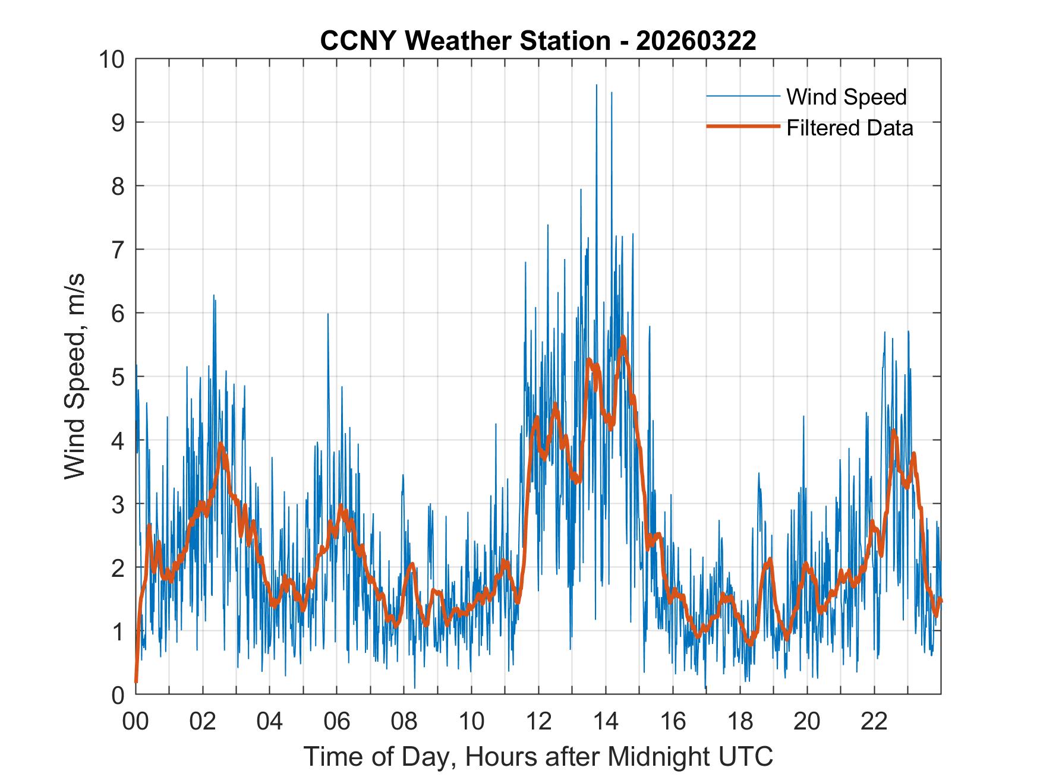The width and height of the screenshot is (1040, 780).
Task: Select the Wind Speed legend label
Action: pos(846,97)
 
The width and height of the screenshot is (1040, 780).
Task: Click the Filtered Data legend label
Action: pos(849,128)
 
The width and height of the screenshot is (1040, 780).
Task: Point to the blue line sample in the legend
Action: pos(743,96)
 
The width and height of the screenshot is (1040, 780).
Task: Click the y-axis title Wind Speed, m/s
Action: pos(75,375)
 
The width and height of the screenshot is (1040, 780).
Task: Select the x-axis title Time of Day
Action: pos(538,756)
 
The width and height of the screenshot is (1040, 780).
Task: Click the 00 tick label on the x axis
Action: pos(135,721)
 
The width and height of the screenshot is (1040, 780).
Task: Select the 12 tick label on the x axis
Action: pos(538,721)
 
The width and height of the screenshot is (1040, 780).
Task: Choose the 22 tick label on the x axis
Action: pos(874,721)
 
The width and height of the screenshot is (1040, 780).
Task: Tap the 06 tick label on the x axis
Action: pos(337,721)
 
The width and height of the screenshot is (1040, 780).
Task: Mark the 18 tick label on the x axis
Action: pos(740,721)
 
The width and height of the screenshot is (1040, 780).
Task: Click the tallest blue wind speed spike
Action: pos(596,86)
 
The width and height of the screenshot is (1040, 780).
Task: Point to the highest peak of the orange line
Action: pos(623,337)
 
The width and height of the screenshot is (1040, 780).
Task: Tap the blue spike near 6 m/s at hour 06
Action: pos(327,315)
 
